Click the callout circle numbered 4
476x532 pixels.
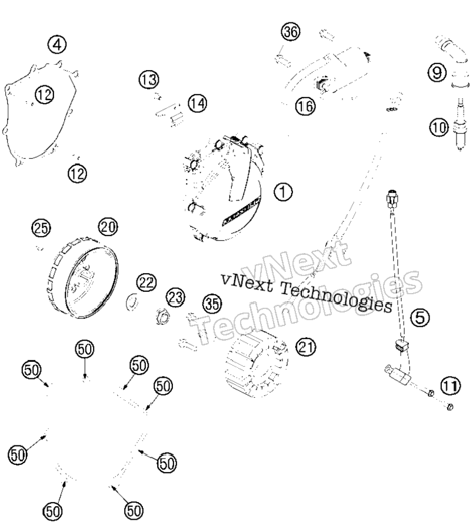pos(57,45)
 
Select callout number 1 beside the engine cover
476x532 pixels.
pos(283,192)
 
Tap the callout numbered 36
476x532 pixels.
pos(291,32)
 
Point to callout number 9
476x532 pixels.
pos(437,72)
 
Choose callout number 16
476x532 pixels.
pos(305,106)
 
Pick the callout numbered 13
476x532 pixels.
pos(149,79)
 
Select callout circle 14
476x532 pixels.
pos(198,103)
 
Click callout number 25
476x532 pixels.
pos(41,228)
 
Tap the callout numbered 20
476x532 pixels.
pos(108,227)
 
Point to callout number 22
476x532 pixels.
pos(147,282)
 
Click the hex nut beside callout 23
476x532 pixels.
pos(163,317)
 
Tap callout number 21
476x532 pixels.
pos(306,347)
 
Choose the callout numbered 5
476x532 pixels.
pos(420,318)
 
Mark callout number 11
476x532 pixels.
pos(450,386)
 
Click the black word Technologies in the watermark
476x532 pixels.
pos(337,297)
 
